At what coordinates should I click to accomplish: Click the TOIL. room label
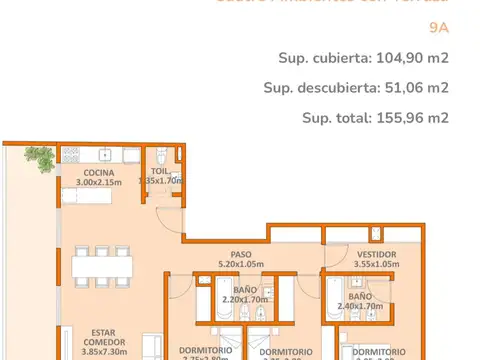(x=161, y=172)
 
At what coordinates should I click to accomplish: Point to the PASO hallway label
(x=242, y=254)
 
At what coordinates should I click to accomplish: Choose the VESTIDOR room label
(x=376, y=254)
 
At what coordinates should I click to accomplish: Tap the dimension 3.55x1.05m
(x=376, y=265)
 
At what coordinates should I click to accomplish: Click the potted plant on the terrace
(x=40, y=156)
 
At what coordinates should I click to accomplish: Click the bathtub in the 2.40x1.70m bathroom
(x=330, y=300)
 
